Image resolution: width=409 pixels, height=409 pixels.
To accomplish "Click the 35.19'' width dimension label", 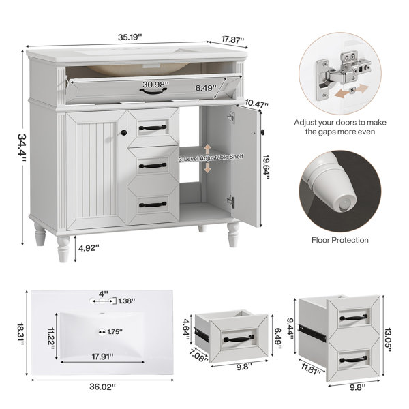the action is tap(130, 37).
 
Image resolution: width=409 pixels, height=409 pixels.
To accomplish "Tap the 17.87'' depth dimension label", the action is tap(233, 40).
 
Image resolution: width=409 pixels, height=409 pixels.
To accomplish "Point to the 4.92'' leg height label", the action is tap(89, 248).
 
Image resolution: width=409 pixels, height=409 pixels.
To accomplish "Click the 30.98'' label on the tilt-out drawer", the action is tap(155, 85).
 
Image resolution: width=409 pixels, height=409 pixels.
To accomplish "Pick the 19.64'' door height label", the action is tap(267, 167).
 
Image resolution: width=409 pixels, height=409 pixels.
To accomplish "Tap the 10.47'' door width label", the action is tap(257, 104).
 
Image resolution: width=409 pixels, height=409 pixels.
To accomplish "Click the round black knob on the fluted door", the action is tap(124, 133).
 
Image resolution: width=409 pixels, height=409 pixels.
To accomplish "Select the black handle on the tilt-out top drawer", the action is tap(153, 91).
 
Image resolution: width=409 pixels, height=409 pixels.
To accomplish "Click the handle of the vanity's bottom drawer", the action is tap(153, 204).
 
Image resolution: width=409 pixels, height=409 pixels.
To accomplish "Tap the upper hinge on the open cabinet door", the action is tap(231, 117).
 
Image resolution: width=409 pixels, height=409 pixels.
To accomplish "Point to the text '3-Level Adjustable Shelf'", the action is tap(211, 157).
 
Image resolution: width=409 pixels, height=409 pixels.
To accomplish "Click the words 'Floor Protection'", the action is tap(340, 240).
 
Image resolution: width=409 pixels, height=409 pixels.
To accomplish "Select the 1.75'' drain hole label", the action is tap(115, 332).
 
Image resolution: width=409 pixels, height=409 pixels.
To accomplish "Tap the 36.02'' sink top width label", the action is tap(102, 387).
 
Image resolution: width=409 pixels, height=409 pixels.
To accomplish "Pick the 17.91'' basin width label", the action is tap(102, 357).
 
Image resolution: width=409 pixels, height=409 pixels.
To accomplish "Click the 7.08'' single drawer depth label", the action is tap(199, 356).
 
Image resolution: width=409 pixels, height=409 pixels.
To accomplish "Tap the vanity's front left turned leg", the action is tap(63, 249).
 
